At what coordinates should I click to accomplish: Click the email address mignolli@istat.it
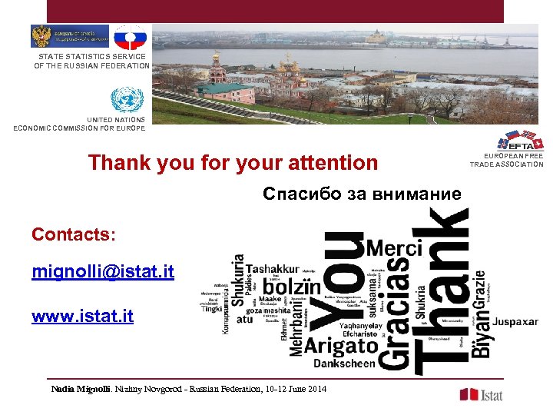pyautogui.click(x=103, y=271)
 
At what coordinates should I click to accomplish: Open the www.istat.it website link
pyautogui.click(x=82, y=315)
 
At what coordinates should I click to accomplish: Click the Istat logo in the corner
pyautogui.click(x=482, y=394)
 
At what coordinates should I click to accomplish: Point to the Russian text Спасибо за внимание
pyautogui.click(x=362, y=194)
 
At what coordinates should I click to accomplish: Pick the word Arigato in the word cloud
pyautogui.click(x=340, y=347)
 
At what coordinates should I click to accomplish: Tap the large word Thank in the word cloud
pyautogui.click(x=440, y=292)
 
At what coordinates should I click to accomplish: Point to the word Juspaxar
pyautogui.click(x=515, y=320)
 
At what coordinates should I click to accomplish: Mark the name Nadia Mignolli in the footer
pyautogui.click(x=81, y=389)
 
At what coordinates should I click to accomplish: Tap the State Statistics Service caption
pyautogui.click(x=92, y=61)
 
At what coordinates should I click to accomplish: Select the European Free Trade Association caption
pyautogui.click(x=506, y=160)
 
